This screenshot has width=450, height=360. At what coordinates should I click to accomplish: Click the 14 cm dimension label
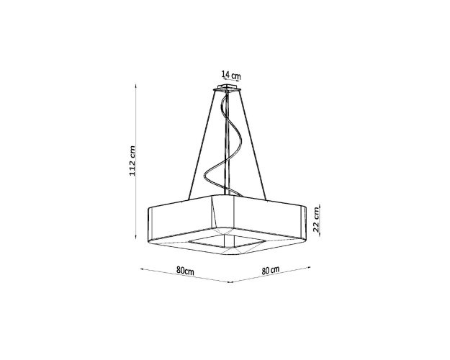[231, 76]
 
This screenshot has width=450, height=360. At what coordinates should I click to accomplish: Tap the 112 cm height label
[132, 161]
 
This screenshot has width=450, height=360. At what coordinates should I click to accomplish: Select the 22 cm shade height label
[315, 220]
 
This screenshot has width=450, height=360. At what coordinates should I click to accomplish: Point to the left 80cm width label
[185, 271]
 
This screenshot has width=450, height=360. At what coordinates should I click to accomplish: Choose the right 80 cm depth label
[270, 270]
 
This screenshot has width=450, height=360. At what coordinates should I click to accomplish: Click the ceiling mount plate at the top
[228, 87]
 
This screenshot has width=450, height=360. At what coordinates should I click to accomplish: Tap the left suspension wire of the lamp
[202, 145]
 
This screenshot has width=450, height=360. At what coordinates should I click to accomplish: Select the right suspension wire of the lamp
[253, 145]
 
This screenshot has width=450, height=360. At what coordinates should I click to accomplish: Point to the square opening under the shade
[226, 241]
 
